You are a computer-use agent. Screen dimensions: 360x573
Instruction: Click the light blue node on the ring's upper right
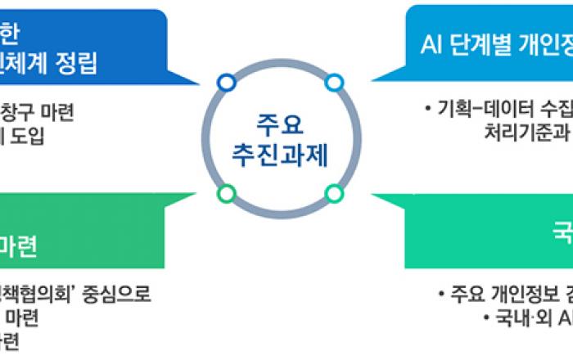click(334, 83)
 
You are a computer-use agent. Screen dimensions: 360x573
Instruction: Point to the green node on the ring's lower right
click(334, 194)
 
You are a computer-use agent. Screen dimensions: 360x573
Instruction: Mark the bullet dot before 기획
click(428, 108)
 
